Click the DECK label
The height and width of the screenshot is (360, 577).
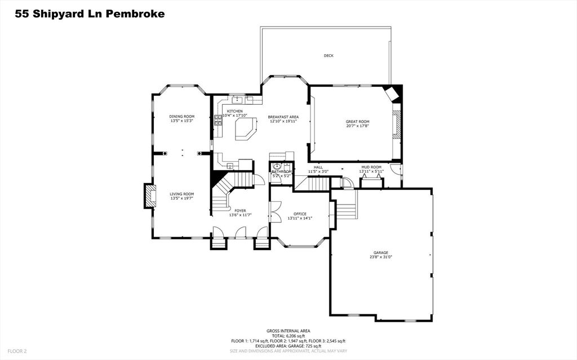click(x=329, y=56)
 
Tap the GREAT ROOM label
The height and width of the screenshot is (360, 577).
click(x=357, y=122)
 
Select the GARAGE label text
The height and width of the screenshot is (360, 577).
click(x=380, y=252)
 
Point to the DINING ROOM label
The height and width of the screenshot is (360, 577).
click(x=181, y=117)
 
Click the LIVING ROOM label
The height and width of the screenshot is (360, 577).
click(x=181, y=194)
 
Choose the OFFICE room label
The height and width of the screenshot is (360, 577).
click(x=299, y=214)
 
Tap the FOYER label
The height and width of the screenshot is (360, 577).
click(x=240, y=211)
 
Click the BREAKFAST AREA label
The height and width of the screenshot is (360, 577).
click(x=283, y=117)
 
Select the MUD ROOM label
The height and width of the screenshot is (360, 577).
click(x=371, y=167)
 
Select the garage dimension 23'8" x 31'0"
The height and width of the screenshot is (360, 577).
click(x=380, y=257)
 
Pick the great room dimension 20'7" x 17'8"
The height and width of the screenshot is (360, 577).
click(x=357, y=126)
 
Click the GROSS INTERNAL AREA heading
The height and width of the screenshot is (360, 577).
click(x=288, y=331)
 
